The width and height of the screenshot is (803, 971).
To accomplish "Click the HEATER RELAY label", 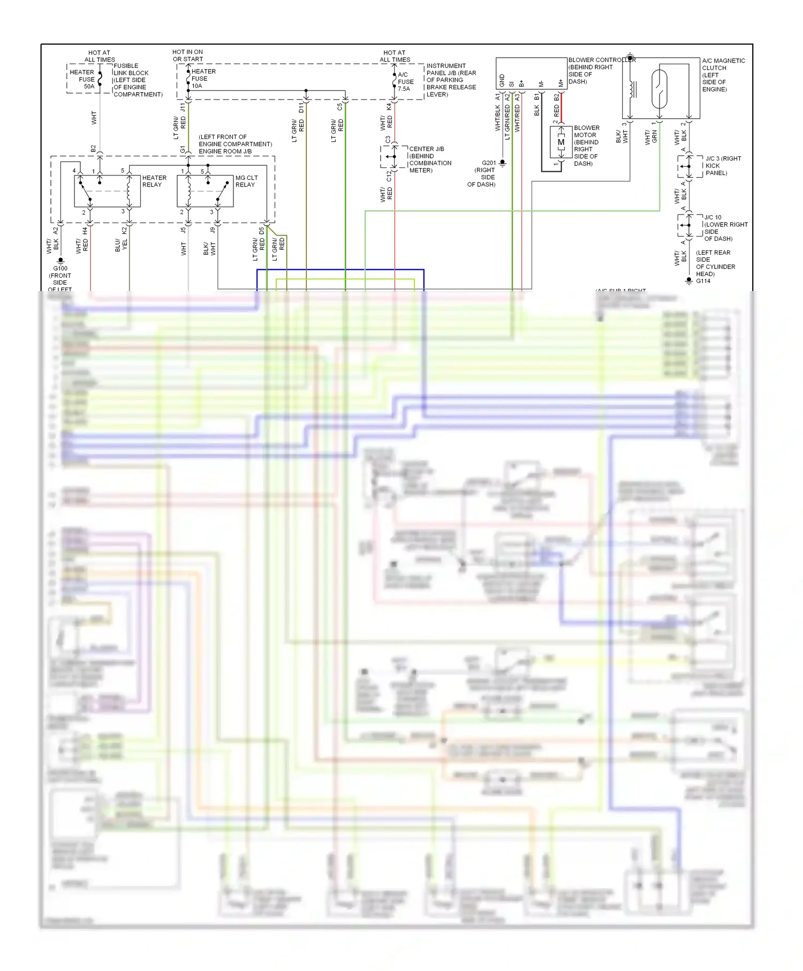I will [154, 181].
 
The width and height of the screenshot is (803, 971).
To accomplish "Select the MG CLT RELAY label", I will [246, 181].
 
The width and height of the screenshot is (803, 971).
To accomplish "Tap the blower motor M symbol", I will [560, 142].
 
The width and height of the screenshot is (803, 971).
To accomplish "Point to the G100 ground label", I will [60, 269].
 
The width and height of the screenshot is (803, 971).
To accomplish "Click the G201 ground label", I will [488, 163].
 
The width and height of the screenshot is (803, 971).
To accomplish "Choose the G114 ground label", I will [703, 281].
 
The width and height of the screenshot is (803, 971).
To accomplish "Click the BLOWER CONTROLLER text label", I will [602, 60].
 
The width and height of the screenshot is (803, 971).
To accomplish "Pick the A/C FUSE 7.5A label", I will [405, 82].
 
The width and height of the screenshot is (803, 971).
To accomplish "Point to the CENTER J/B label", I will [426, 149].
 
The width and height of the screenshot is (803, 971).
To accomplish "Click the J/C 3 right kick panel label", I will [723, 159].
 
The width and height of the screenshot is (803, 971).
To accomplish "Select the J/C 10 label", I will [713, 218].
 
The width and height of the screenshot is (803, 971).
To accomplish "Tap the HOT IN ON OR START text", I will [187, 56].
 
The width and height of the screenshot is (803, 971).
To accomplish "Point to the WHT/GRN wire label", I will [651, 137].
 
